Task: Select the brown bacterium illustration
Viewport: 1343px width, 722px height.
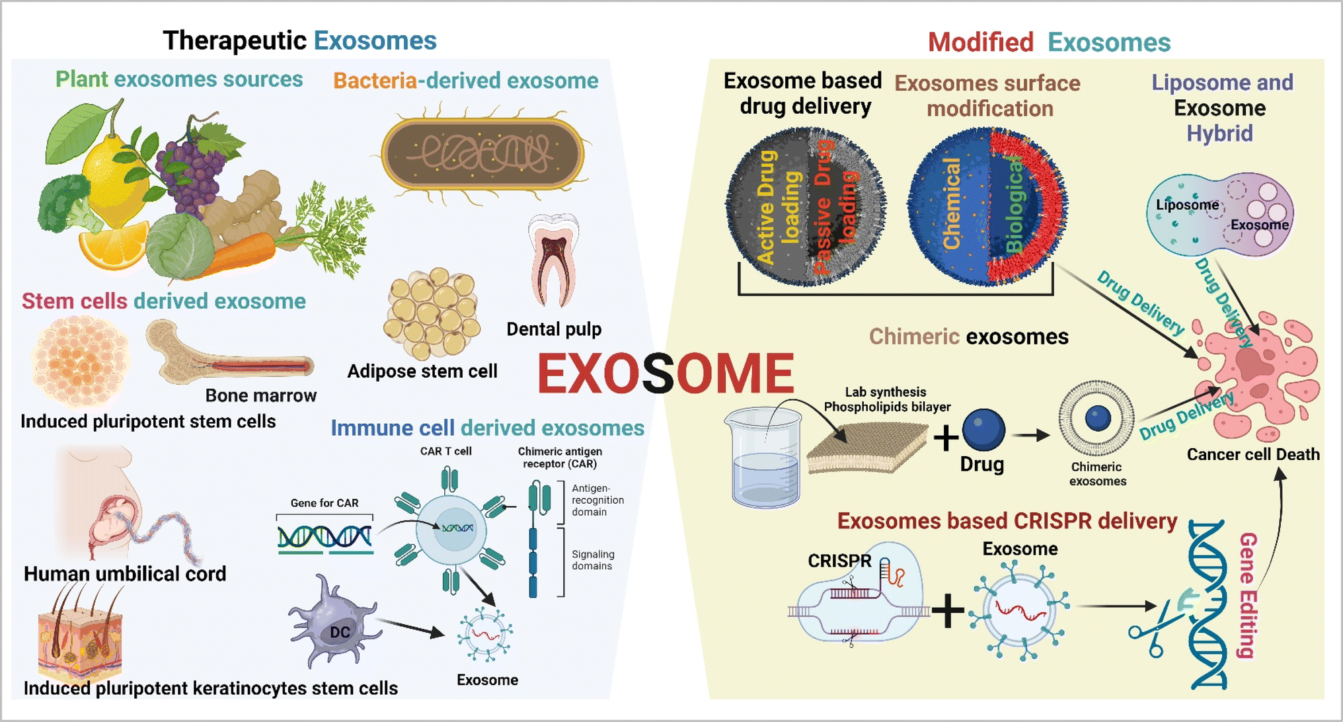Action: pyautogui.click(x=482, y=153)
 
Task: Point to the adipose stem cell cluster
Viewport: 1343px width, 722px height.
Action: pyautogui.click(x=432, y=313)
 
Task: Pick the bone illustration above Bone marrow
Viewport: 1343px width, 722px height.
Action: pyautogui.click(x=229, y=354)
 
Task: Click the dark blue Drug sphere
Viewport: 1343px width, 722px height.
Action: pyautogui.click(x=983, y=430)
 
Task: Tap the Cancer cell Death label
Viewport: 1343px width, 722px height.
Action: pyautogui.click(x=1253, y=455)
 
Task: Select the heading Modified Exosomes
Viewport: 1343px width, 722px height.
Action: pyautogui.click(x=1049, y=42)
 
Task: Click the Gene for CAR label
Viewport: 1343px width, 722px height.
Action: pyautogui.click(x=325, y=503)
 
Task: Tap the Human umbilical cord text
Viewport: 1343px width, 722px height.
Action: pyautogui.click(x=125, y=574)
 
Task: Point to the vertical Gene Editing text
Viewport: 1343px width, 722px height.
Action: pyautogui.click(x=1248, y=595)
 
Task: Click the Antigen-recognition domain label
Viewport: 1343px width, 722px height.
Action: pyautogui.click(x=597, y=501)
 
